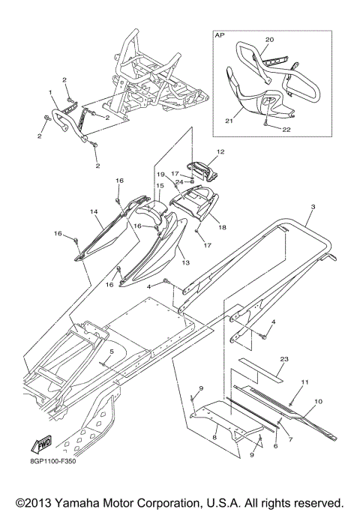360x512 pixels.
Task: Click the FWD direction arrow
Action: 41,445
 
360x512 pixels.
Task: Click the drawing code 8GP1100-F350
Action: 49,462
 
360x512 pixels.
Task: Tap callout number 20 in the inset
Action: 269,40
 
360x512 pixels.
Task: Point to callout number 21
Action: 229,121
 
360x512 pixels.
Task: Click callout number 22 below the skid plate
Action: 286,130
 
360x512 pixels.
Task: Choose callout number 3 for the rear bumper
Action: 313,207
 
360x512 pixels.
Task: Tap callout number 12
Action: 220,152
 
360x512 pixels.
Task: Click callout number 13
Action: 186,262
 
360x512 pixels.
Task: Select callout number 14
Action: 94,212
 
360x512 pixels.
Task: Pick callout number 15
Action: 160,186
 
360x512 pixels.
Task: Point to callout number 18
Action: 222,227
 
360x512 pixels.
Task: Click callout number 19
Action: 160,175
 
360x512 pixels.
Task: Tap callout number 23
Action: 284,359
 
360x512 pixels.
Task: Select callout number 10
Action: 318,401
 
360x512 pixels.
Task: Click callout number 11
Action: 304,382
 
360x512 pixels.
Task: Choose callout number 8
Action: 214,437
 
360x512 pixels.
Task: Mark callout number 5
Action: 112,352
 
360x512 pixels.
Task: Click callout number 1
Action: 51,93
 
